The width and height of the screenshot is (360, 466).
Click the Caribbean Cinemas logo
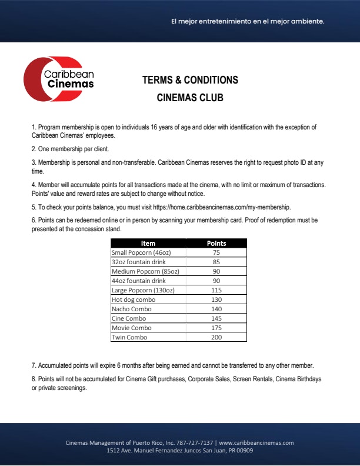pos(59,80)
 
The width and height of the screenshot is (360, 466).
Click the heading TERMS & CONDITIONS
pos(190,80)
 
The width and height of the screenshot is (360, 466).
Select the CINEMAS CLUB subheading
pos(190,98)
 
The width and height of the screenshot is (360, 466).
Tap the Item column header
pos(148,243)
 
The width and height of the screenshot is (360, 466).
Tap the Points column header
pos(216,243)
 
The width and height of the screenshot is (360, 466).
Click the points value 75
pos(216,252)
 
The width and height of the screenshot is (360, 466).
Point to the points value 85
pos(216,262)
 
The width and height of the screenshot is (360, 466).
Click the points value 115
pos(216,290)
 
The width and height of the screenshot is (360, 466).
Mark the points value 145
pos(216,318)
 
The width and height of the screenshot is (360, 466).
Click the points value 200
pos(216,337)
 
